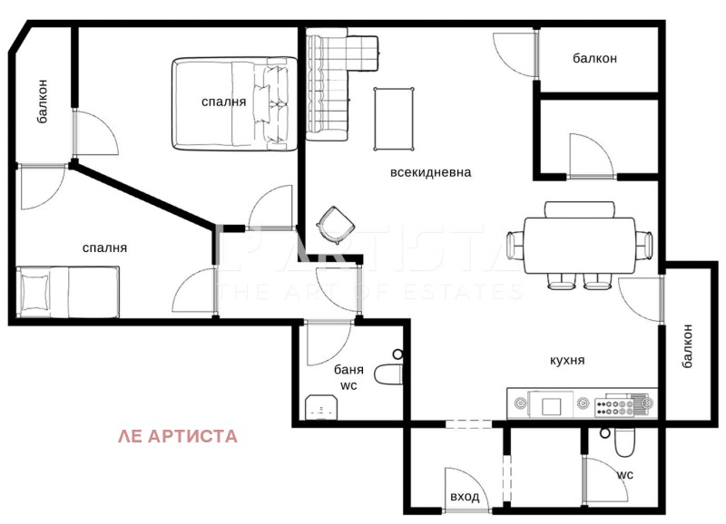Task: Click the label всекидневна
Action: pos(431,172)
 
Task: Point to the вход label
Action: pos(464,497)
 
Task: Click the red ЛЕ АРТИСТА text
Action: pos(178,436)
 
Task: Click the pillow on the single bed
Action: pos(36,292)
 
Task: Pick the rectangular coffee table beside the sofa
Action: pos(392,118)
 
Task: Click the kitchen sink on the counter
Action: pos(552,404)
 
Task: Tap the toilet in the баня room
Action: pos(388,372)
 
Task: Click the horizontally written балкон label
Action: pos(594,59)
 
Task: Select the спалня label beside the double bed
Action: pos(223,102)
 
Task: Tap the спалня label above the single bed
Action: pos(104,247)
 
